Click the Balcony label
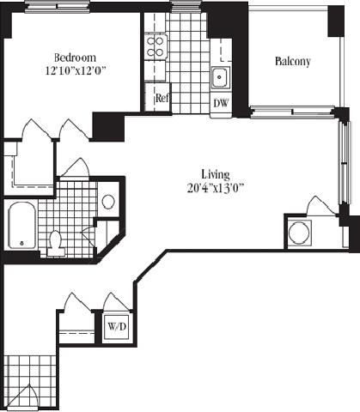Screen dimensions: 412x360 click(x=293, y=62)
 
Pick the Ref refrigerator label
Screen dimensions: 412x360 click(x=162, y=98)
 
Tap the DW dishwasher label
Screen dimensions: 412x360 click(x=221, y=103)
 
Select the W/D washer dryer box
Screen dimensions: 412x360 click(x=116, y=327)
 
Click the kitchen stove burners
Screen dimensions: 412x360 click(x=155, y=45)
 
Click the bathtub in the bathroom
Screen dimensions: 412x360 click(x=21, y=226)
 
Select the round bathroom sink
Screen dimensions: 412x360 click(x=108, y=203)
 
